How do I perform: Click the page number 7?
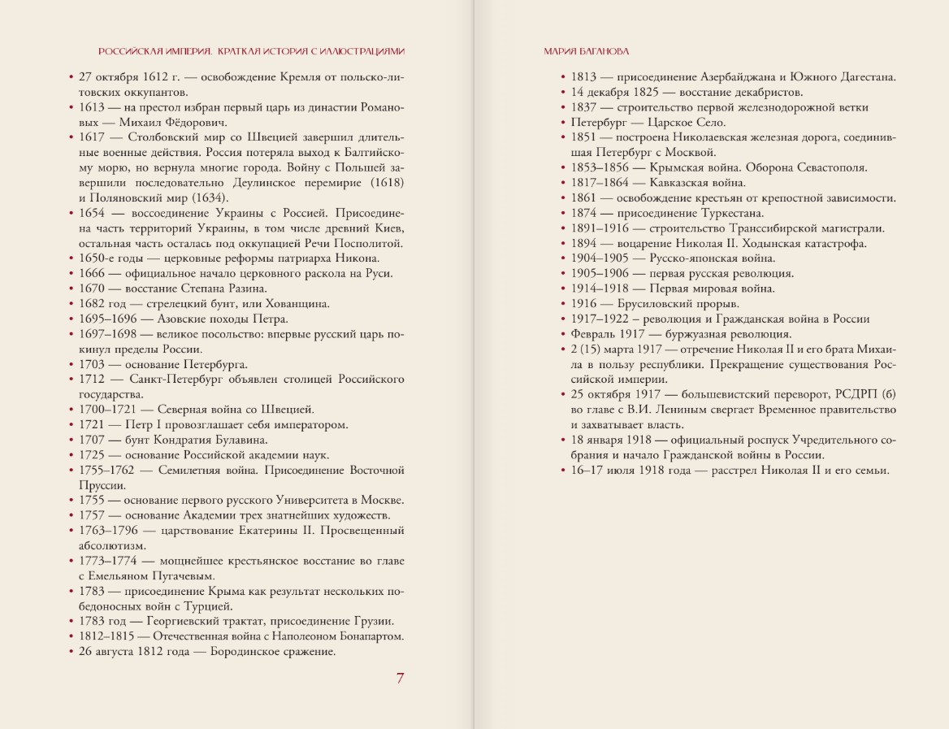400,679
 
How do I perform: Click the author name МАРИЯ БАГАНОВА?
585,50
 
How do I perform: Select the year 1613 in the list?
92,107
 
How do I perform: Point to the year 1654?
92,213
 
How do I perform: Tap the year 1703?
92,364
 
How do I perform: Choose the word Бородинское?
253,652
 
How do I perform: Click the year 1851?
583,137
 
